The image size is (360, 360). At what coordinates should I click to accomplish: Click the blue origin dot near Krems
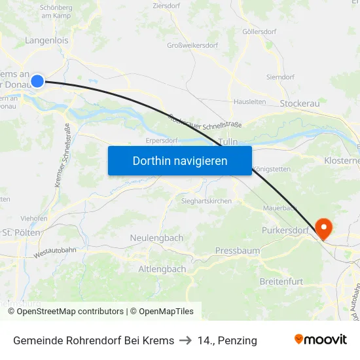pyautogui.click(x=37, y=81)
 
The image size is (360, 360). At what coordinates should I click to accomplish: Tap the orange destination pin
pyautogui.click(x=323, y=227)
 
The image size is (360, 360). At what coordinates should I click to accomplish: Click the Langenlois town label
pyautogui.click(x=46, y=41)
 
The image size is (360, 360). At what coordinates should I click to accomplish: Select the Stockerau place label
pyautogui.click(x=298, y=103)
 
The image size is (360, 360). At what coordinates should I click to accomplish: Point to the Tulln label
pyautogui.click(x=228, y=141)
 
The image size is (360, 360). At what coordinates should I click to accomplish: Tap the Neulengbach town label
pyautogui.click(x=156, y=238)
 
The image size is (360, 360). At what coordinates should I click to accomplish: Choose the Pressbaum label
pyautogui.click(x=238, y=251)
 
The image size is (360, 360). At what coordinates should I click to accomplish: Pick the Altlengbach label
pyautogui.click(x=162, y=269)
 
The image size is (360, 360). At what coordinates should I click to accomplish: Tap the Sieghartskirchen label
pyautogui.click(x=207, y=201)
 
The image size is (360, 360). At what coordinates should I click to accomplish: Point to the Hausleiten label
pyautogui.click(x=250, y=102)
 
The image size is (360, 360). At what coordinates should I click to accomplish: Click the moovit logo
pyautogui.click(x=320, y=340)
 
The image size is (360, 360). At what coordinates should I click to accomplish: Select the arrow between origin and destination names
pyautogui.click(x=186, y=340)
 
